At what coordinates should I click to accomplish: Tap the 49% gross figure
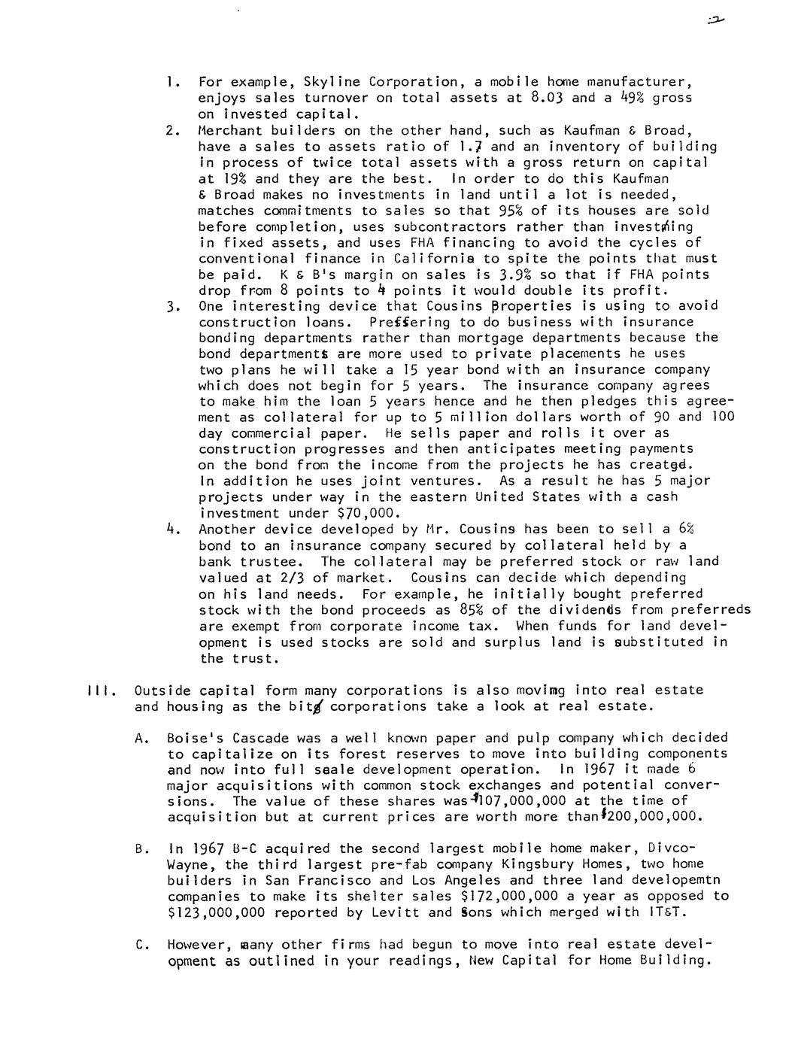click(x=623, y=97)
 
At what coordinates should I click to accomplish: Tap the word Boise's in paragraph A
click(x=196, y=738)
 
